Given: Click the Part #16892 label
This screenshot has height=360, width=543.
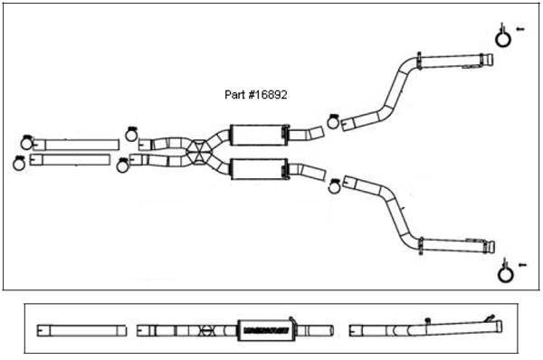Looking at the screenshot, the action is (256, 93).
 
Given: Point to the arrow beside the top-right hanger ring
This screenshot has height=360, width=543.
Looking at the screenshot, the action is (520, 29).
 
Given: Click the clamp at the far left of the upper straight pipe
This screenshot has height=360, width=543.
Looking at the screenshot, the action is (26, 141).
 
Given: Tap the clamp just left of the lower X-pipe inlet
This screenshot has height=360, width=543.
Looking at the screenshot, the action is (123, 164).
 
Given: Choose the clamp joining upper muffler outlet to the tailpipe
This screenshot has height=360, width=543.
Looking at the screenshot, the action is (333, 120).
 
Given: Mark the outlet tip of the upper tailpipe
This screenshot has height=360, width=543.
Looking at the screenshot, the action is (488, 62).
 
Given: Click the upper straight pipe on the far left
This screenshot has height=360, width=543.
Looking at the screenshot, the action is (81, 145).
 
